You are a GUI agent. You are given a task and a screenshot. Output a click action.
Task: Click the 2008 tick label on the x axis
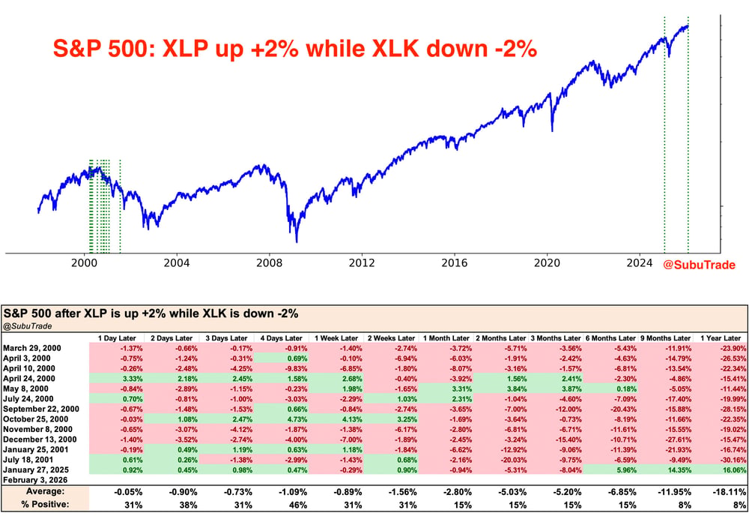269,263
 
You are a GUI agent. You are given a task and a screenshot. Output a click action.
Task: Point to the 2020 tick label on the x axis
547,263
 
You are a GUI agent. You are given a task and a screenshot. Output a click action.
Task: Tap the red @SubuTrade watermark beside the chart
699,265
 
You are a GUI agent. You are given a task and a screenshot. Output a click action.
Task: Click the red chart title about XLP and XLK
295,49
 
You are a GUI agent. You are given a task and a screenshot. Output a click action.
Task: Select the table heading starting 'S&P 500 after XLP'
151,313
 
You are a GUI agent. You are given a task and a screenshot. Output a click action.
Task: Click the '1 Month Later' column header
446,338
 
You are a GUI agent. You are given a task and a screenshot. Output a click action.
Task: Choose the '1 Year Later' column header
721,338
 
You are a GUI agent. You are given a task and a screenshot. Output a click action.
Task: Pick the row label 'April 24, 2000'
29,378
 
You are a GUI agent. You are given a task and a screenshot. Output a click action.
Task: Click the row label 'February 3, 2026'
35,480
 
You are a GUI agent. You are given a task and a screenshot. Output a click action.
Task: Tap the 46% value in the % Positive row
297,505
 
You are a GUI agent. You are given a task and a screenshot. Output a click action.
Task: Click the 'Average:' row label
46,491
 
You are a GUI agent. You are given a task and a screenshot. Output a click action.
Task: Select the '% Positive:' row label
46,505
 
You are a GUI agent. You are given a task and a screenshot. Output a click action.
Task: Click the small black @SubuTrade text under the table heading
27,326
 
